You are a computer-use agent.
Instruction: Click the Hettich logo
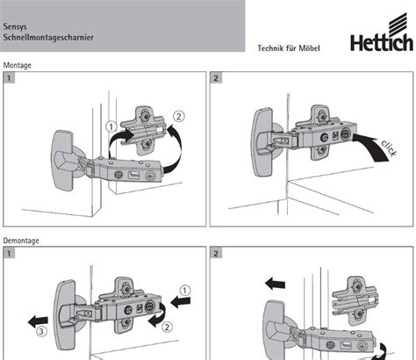[x=382, y=32]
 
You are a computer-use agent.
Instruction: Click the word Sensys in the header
[x=15, y=26]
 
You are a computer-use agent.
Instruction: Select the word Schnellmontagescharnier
[x=48, y=38]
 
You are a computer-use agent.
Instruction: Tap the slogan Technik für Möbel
[x=289, y=48]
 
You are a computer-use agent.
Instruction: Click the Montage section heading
[x=17, y=65]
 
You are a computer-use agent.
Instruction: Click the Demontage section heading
[x=21, y=241]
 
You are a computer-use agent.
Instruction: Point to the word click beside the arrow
[x=390, y=148]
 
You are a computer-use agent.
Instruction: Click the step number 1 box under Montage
[x=9, y=78]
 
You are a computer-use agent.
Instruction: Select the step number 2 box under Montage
[x=216, y=78]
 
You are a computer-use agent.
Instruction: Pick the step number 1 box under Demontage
[x=9, y=253]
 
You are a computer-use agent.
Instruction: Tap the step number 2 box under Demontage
[x=216, y=253]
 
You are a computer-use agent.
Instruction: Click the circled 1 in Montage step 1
[x=111, y=127]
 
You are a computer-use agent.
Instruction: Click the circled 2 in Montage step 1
[x=179, y=116]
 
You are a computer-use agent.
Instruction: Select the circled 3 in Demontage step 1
[x=41, y=331]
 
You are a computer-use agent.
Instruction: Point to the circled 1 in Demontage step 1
[x=184, y=291]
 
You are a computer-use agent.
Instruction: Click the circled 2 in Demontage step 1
[x=167, y=327]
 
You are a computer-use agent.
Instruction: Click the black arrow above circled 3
[x=38, y=321]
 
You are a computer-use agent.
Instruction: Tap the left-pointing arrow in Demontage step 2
[x=275, y=284]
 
